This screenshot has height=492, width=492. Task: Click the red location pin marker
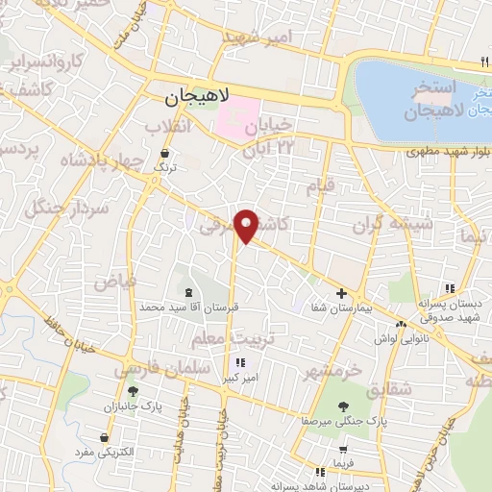(248, 226)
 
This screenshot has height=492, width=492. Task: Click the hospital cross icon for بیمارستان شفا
(341, 292)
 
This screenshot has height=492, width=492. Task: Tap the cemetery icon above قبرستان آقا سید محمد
(187, 292)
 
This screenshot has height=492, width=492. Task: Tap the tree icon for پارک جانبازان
(133, 391)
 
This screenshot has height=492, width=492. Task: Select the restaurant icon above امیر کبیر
(240, 362)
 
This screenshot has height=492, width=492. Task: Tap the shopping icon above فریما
(343, 450)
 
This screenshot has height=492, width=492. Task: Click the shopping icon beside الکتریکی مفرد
(103, 435)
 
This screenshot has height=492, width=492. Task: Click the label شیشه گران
(380, 225)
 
